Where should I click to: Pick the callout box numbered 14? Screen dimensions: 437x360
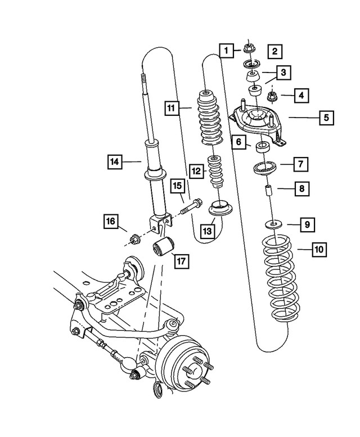point(115,162)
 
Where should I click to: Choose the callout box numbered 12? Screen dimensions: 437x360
point(195,170)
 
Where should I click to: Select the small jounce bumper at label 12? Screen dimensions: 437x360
point(214,173)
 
